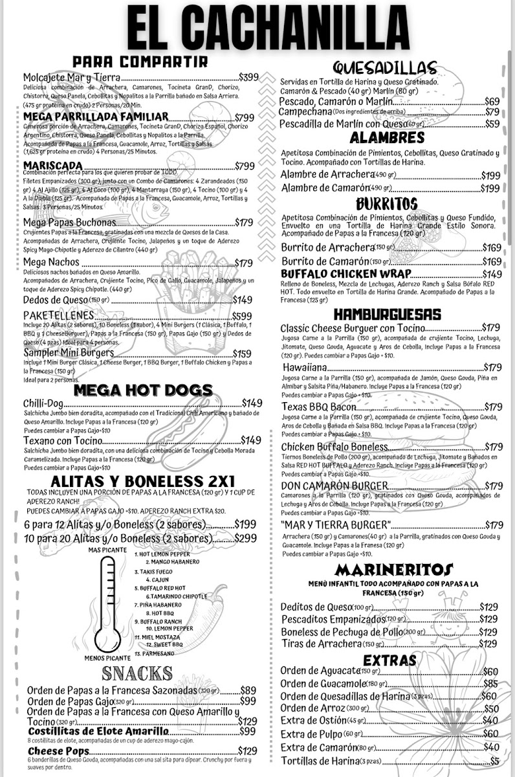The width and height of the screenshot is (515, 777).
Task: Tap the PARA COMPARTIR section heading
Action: pos(140,62)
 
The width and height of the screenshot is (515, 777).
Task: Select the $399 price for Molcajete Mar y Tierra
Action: pos(248,77)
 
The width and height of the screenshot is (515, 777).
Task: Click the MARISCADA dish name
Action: pos(52,166)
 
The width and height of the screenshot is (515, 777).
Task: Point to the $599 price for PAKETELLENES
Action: pos(242,315)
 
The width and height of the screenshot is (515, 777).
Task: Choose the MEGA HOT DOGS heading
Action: pos(143,390)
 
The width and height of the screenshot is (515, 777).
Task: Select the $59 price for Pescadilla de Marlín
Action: pos(492,124)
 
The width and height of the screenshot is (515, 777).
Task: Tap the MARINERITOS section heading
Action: pos(394,570)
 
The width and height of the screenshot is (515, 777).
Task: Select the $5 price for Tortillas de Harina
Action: pos(495,761)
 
